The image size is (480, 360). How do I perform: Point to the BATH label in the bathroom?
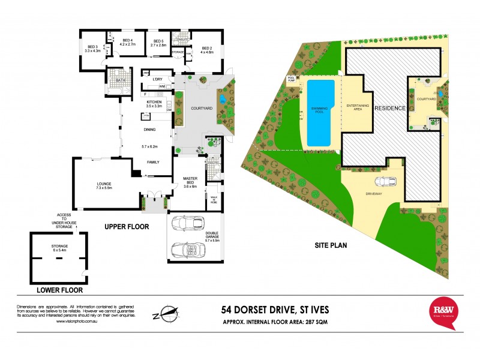click(121, 80)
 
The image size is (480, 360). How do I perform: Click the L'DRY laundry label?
click(158, 79)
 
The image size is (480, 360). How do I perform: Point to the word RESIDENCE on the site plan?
click(389, 108)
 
